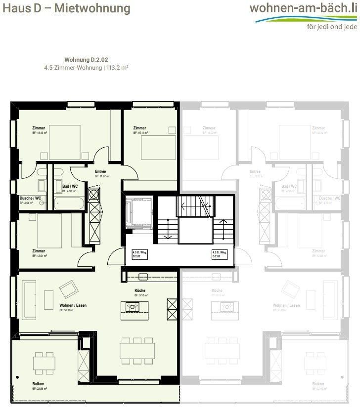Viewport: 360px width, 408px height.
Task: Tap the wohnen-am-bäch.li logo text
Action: point(303,8)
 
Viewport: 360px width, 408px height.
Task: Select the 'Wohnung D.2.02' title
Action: point(86,59)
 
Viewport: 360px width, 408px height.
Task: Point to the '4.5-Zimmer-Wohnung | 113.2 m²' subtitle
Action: point(86,67)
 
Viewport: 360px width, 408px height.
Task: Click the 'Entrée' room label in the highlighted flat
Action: point(100,172)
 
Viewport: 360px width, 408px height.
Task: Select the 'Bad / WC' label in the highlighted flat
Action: point(70,186)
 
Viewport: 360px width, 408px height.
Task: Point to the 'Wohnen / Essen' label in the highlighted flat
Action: point(73,306)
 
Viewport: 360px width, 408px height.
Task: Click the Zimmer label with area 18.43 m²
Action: point(39,128)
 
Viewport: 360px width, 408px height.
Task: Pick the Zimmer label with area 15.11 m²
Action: point(139,128)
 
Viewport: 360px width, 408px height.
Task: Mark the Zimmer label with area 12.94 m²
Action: point(39,251)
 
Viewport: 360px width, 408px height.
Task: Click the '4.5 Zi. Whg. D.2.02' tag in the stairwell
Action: point(139,255)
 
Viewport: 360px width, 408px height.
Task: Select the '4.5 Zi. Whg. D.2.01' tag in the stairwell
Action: point(218,255)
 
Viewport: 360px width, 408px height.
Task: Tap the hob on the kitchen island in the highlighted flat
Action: point(133,307)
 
